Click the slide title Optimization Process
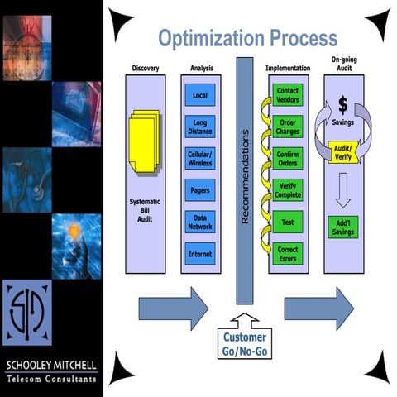pos(248,38)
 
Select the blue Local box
pos(200,95)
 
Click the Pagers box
pos(200,188)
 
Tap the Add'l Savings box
pos(342,227)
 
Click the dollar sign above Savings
pos(342,107)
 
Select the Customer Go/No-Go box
pos(245,343)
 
